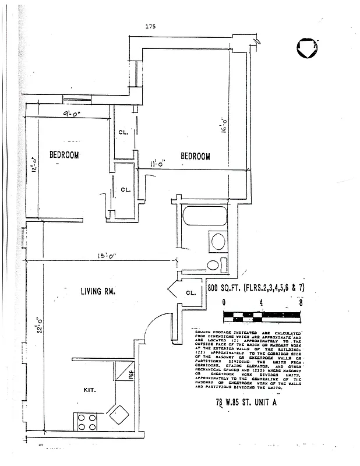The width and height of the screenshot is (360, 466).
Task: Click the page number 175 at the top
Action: coord(150,26)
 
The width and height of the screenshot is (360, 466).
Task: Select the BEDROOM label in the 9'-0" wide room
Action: coord(64,155)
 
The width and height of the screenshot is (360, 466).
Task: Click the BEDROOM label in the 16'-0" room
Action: coord(195,156)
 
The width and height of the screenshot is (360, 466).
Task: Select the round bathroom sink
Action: coord(218,242)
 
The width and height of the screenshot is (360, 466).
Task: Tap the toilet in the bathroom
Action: coord(213,265)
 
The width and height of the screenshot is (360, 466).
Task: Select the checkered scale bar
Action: coord(262,316)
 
